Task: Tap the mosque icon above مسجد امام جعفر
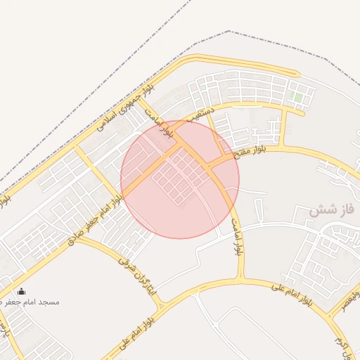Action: coord(21,292)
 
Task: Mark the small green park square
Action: coord(298,96)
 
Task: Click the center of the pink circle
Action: coord(180,179)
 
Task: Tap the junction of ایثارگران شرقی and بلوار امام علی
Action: coord(163,307)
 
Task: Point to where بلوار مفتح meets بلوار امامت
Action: coord(211,167)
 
